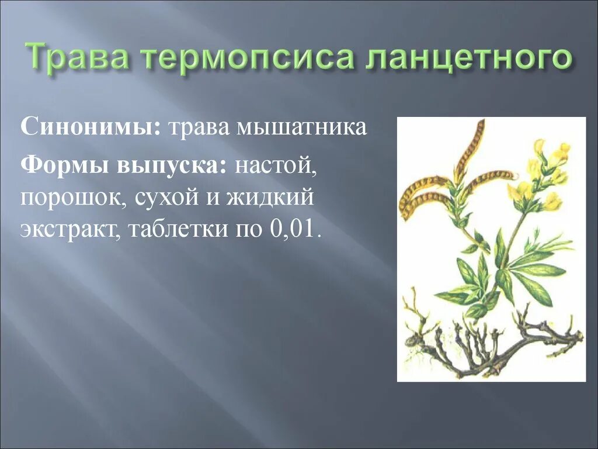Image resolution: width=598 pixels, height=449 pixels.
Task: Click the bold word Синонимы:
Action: pyautogui.click(x=91, y=127)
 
